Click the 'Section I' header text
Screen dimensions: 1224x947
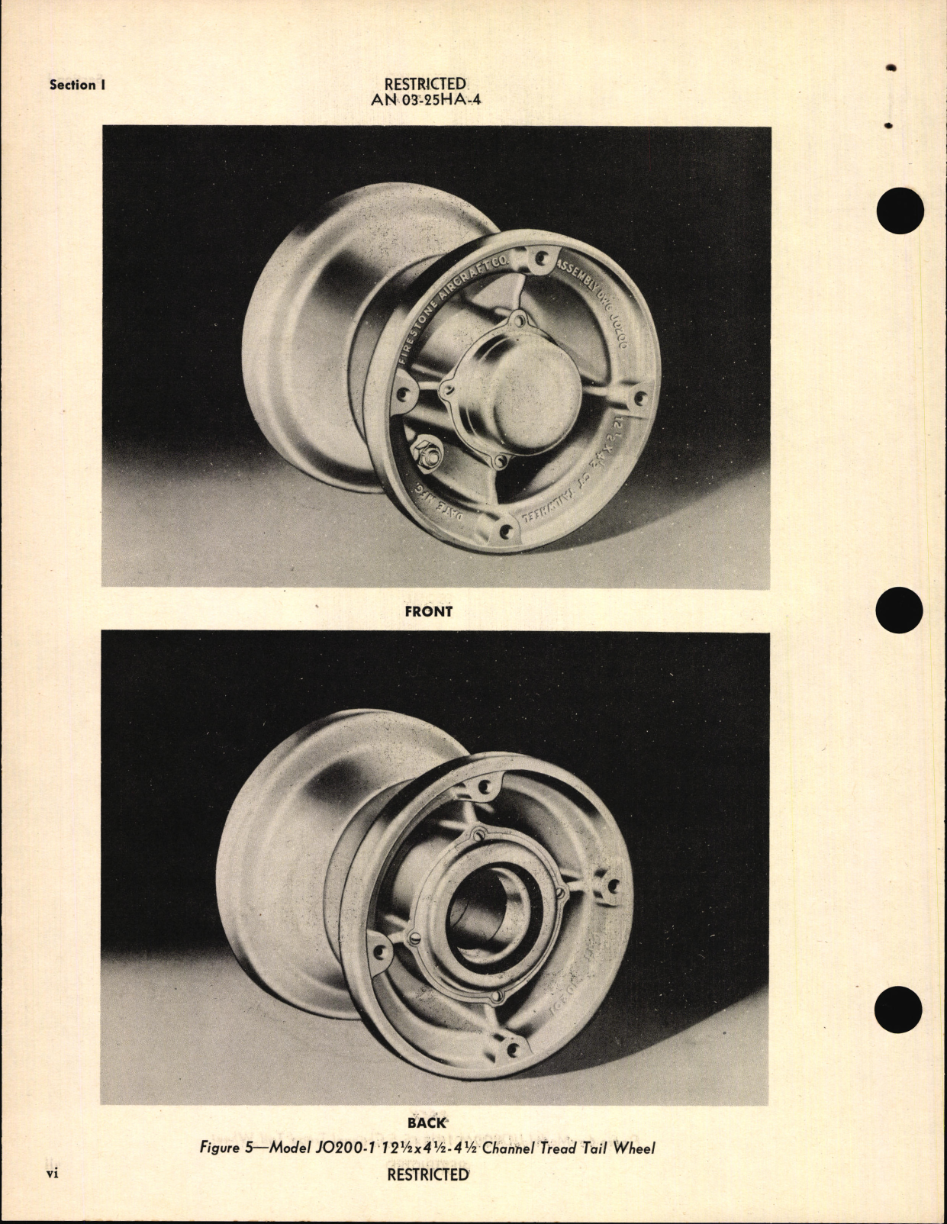[x=77, y=85]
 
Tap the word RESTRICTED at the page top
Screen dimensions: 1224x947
[x=425, y=83]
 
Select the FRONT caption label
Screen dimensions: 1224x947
[x=428, y=611]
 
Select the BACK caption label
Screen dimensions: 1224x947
[x=427, y=1123]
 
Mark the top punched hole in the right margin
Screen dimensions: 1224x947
[x=900, y=210]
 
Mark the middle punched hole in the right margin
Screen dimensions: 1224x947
[x=900, y=610]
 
